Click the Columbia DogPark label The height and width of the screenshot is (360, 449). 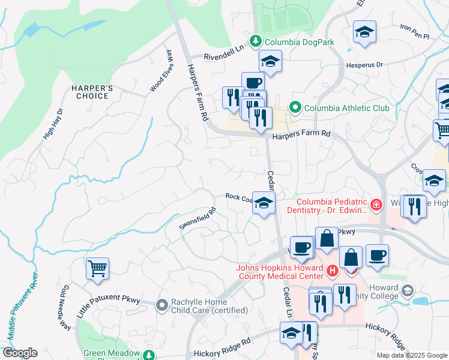coord(291,42)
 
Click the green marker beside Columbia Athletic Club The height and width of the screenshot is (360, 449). coord(295,108)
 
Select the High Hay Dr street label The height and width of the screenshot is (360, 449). coord(52,124)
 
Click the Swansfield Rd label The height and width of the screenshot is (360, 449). coord(197,219)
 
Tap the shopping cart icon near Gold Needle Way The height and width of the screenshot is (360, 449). coord(97,268)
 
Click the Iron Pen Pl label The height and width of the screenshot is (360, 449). coord(415,31)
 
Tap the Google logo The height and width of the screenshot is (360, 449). coord(20,353)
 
